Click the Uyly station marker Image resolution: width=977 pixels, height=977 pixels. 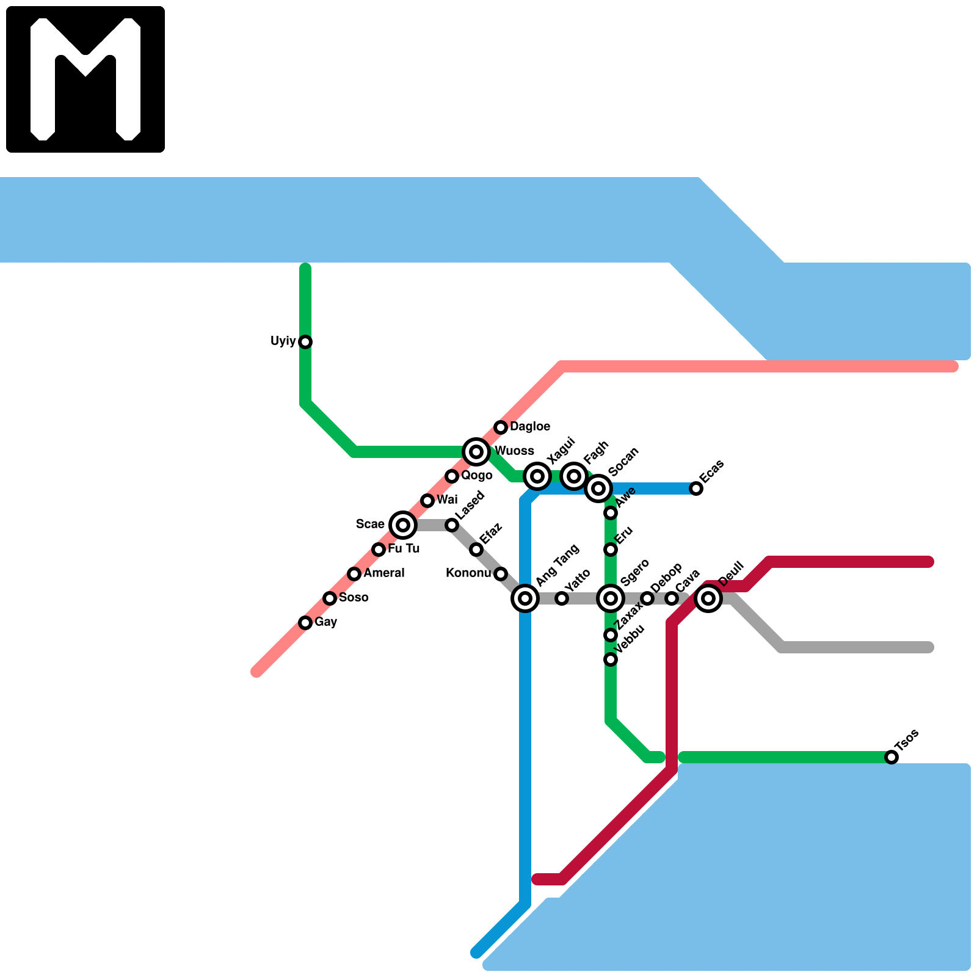coord(305,342)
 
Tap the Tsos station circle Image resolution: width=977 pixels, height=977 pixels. coord(892,757)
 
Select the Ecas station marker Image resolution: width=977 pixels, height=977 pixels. coord(696,488)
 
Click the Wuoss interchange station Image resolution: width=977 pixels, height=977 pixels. coord(476,452)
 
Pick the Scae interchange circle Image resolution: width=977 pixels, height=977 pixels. coord(403,525)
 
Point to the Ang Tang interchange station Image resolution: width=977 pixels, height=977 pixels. coord(525,598)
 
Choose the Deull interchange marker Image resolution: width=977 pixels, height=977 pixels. coord(708,598)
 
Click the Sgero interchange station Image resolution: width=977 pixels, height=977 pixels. coord(611,598)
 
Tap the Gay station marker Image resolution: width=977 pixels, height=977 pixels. coord(305,623)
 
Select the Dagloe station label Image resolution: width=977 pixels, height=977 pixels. coord(530,426)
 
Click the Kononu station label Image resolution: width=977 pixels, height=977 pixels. coord(468,573)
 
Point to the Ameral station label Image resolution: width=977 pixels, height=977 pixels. coord(384,573)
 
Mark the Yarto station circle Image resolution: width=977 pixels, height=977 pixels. coord(562,598)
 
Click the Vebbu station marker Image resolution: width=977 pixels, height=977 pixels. coord(611,659)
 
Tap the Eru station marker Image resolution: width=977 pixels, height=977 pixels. coord(611,550)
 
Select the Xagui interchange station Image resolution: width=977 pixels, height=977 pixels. coord(537,476)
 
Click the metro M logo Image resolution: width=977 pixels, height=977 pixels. coord(85,79)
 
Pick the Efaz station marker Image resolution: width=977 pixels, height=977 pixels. coord(476,550)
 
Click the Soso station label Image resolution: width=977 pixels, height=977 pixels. coord(354,597)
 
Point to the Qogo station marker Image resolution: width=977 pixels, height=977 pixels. coord(452,476)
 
